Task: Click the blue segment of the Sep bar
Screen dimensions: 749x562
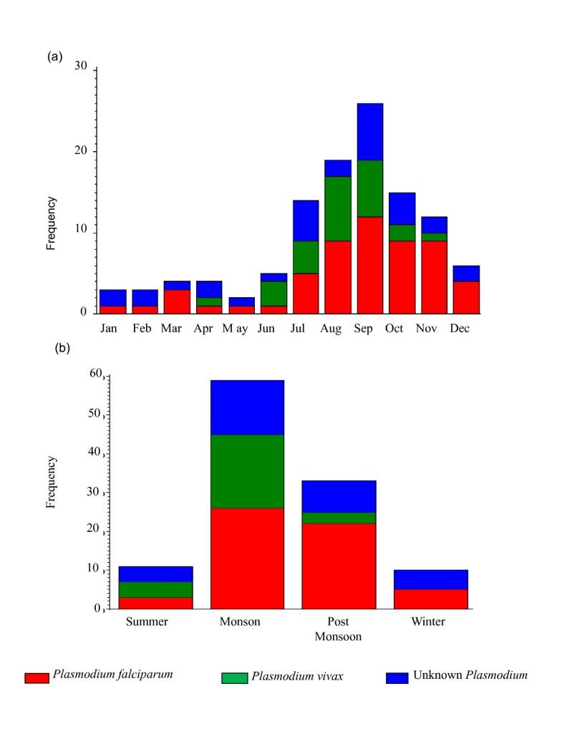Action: click(x=370, y=132)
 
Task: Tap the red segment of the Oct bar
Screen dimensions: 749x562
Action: click(x=402, y=277)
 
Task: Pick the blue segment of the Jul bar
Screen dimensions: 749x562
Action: click(x=306, y=221)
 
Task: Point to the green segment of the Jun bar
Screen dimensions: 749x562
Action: click(x=273, y=294)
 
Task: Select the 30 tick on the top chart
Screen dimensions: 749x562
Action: click(x=80, y=67)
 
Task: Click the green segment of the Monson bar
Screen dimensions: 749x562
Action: click(x=247, y=471)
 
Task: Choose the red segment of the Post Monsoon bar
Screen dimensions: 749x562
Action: click(x=339, y=566)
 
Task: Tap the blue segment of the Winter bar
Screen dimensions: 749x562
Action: click(x=431, y=579)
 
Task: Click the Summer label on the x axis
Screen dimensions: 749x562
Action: click(x=146, y=622)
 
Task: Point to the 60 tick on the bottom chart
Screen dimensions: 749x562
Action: click(x=96, y=374)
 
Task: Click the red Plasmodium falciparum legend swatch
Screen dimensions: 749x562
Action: click(x=37, y=677)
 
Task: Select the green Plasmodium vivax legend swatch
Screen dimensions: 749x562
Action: click(x=236, y=677)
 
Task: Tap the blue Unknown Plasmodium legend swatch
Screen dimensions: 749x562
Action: click(x=397, y=677)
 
